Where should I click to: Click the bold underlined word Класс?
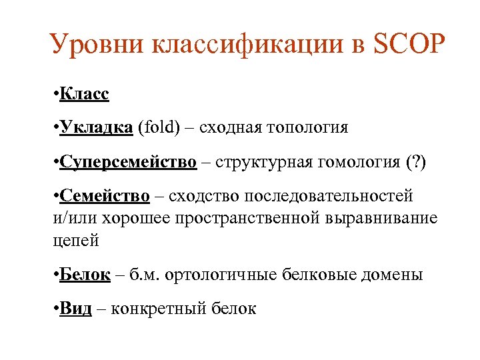click(x=84, y=94)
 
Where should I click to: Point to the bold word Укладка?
click(x=96, y=127)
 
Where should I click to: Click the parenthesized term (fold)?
click(x=159, y=127)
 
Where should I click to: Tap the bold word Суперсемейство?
click(x=128, y=162)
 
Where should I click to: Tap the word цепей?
click(x=75, y=241)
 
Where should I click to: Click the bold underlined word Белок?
click(x=85, y=275)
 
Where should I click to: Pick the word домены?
click(x=393, y=275)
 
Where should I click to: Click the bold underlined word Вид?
click(x=75, y=309)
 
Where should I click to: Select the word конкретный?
click(x=157, y=309)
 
